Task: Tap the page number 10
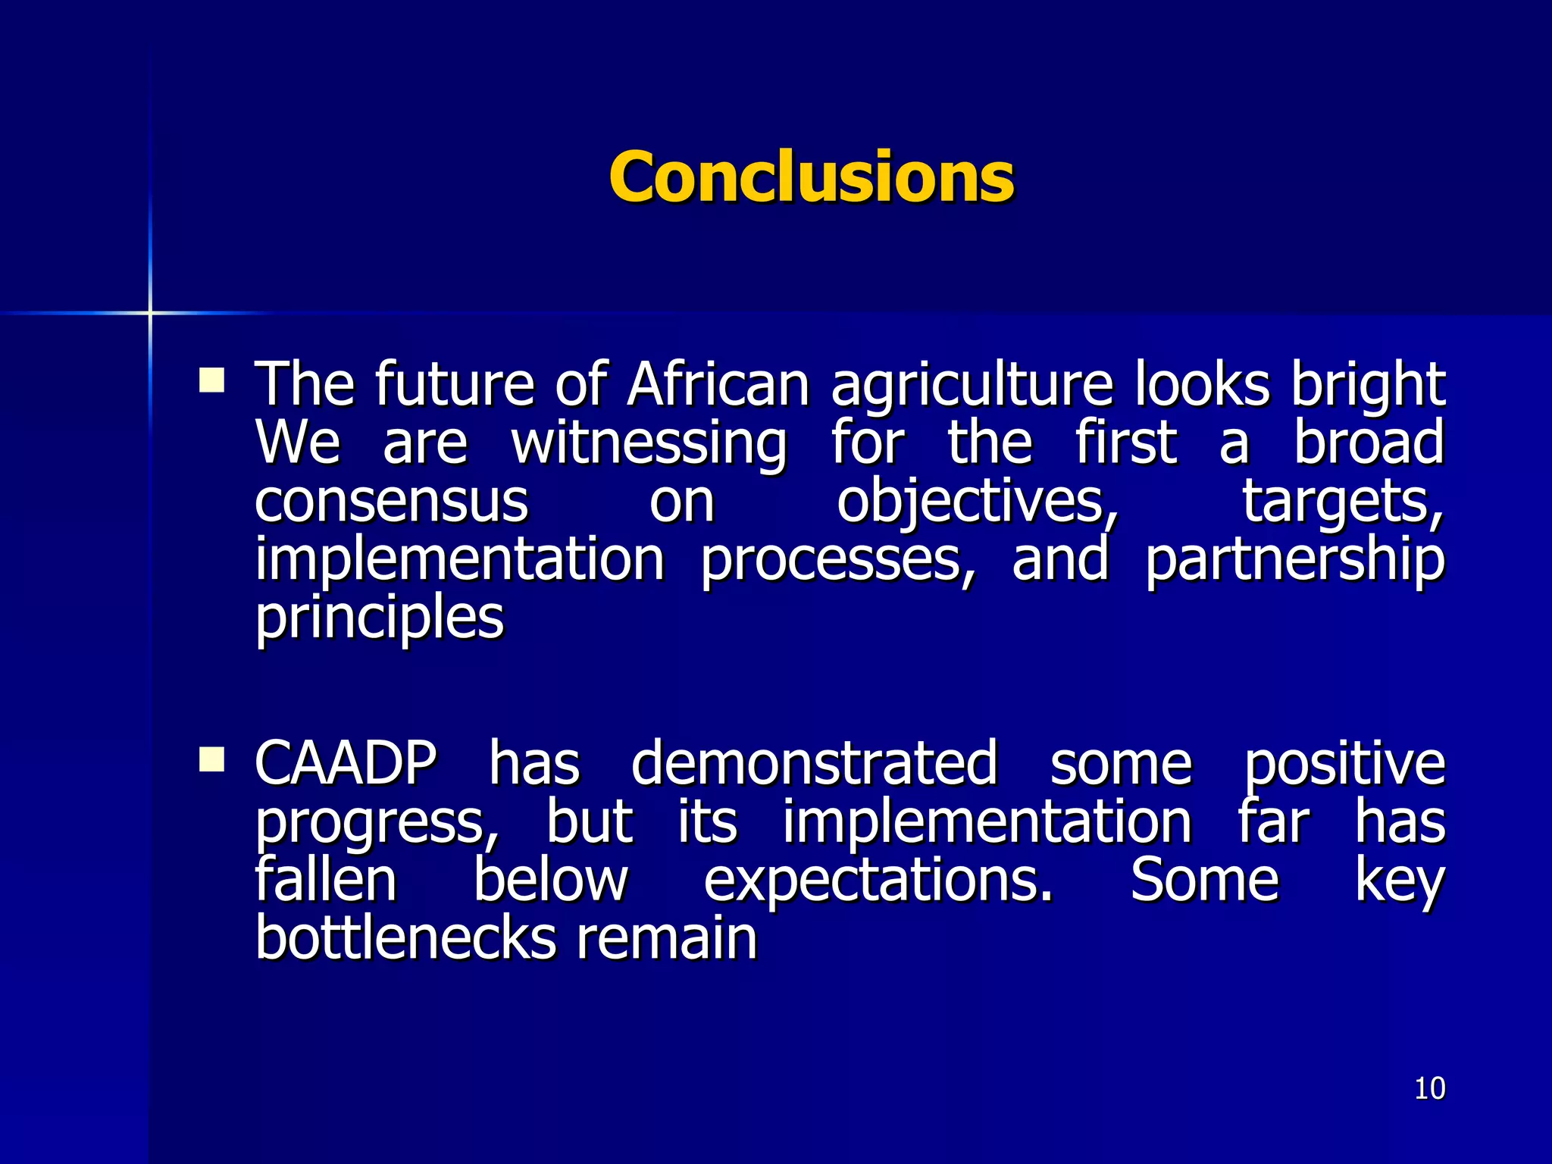pyautogui.click(x=1429, y=1089)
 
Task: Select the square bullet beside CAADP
pyautogui.click(x=211, y=759)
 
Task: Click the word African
pyautogui.click(x=718, y=384)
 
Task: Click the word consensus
pyautogui.click(x=391, y=502)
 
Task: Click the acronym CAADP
pyautogui.click(x=346, y=763)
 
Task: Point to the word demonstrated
pyautogui.click(x=814, y=763)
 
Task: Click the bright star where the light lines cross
pyautogui.click(x=150, y=312)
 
